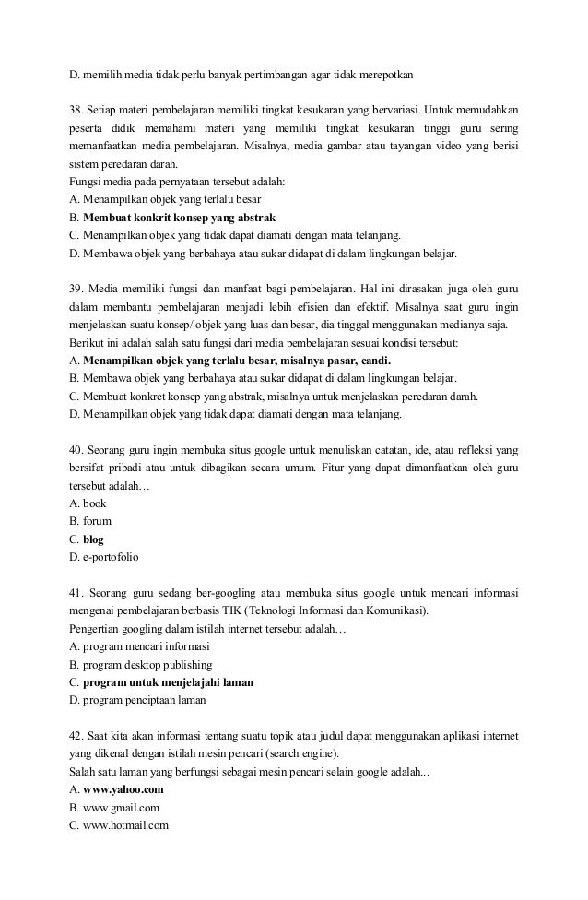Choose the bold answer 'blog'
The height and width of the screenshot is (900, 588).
click(x=93, y=539)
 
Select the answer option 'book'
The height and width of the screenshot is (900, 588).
click(x=95, y=504)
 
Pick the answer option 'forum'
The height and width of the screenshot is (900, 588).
click(x=98, y=522)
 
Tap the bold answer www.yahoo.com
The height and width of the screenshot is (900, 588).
click(x=123, y=790)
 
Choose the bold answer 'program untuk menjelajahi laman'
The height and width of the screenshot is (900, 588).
click(x=168, y=682)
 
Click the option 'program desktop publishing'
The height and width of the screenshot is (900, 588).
click(x=147, y=665)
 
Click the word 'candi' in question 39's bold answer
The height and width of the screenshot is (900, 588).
click(x=374, y=361)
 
